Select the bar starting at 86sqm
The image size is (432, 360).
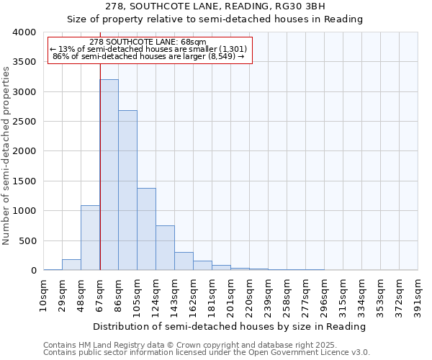[x=127, y=190]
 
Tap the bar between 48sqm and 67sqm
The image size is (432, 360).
[x=90, y=238]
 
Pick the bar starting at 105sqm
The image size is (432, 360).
[x=146, y=229]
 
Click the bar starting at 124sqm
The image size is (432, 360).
[x=165, y=248]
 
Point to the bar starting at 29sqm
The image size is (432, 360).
[x=71, y=265]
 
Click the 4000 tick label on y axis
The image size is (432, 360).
[x=24, y=32]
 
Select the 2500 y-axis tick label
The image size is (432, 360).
[x=24, y=122]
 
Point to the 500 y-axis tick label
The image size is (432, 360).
[x=27, y=241]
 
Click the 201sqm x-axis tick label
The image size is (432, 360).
[x=231, y=295]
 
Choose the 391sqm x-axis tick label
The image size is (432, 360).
[x=418, y=295]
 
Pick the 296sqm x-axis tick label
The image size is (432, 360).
[x=325, y=295]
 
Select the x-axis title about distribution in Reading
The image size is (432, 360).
[x=230, y=326]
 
